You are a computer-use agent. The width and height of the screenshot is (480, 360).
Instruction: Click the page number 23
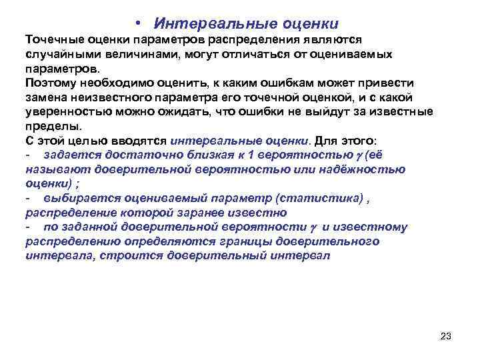(x=446, y=336)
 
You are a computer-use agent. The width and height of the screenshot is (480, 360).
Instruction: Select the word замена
(x=45, y=97)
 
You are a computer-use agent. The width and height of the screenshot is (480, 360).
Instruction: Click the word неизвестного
(x=108, y=97)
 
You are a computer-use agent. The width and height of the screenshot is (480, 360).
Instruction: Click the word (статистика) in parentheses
(x=319, y=198)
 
